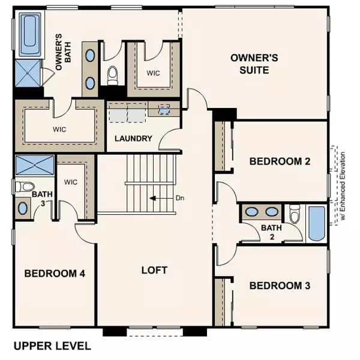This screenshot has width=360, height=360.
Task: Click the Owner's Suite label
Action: pos(251,64)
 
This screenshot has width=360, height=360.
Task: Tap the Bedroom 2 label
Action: pos(279,161)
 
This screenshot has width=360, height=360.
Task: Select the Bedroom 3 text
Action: pos(280,285)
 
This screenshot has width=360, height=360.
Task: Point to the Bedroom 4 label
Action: pos(55,274)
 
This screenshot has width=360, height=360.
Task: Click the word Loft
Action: pos(154,270)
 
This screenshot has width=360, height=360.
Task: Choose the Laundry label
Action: pos(133,139)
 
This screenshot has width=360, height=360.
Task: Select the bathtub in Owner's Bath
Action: pos(29,34)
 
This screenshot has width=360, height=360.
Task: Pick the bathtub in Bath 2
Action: pos(315,224)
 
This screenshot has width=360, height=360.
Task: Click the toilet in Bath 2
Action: pos(294,214)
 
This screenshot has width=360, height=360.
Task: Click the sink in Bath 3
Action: pos(23,208)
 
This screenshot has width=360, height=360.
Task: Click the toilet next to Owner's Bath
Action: pos(112,75)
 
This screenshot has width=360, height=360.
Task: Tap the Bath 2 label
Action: pos(267,231)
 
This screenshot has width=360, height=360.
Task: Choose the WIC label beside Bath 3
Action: pos(71,182)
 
